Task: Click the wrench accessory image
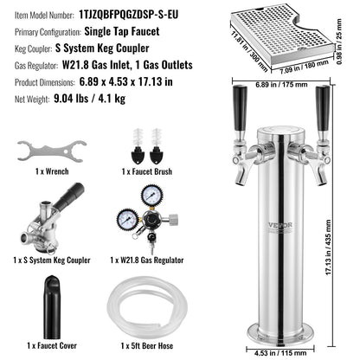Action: [x=43, y=150]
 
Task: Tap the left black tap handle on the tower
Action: [x=240, y=106]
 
